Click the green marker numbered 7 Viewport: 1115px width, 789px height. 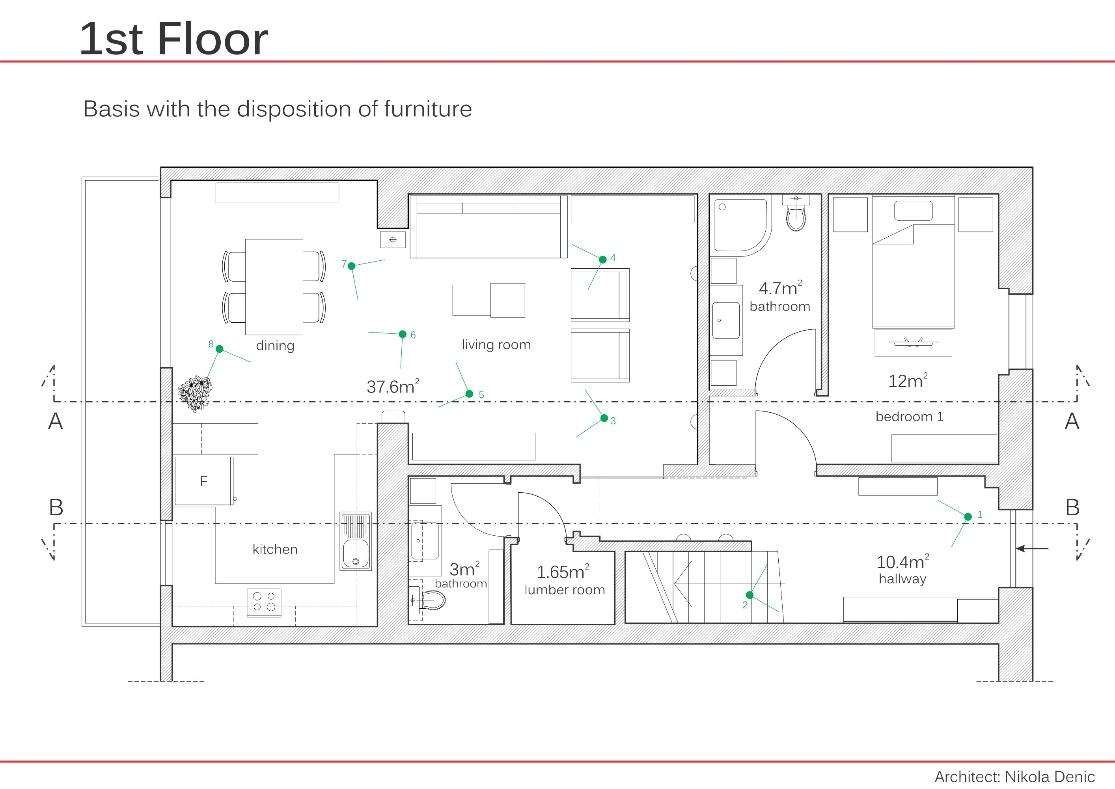coord(352,266)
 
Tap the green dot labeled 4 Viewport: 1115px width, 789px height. coord(603,260)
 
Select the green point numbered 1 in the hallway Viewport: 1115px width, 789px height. coord(968,516)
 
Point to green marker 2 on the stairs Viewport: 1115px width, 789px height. coord(750,595)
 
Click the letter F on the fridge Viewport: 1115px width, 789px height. coord(204,481)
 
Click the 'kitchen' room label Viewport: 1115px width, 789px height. coord(275,549)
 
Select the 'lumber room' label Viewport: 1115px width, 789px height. coord(564,589)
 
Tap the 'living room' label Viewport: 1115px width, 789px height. coord(496,344)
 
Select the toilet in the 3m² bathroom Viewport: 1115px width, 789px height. coord(432,600)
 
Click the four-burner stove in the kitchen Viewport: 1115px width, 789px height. coord(264,602)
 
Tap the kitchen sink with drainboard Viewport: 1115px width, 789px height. coord(356,541)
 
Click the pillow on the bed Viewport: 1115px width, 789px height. coord(913,211)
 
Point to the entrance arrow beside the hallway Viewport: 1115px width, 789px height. coord(1032,548)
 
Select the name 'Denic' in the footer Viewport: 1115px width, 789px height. coord(1073,776)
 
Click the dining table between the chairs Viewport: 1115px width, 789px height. coord(274,287)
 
